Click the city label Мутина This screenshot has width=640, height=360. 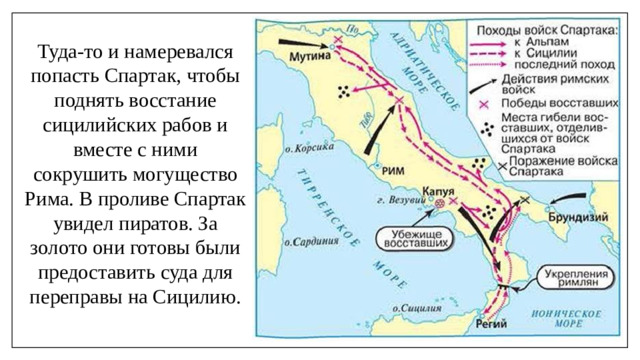point(309,59)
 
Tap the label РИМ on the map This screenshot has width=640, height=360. point(393,171)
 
